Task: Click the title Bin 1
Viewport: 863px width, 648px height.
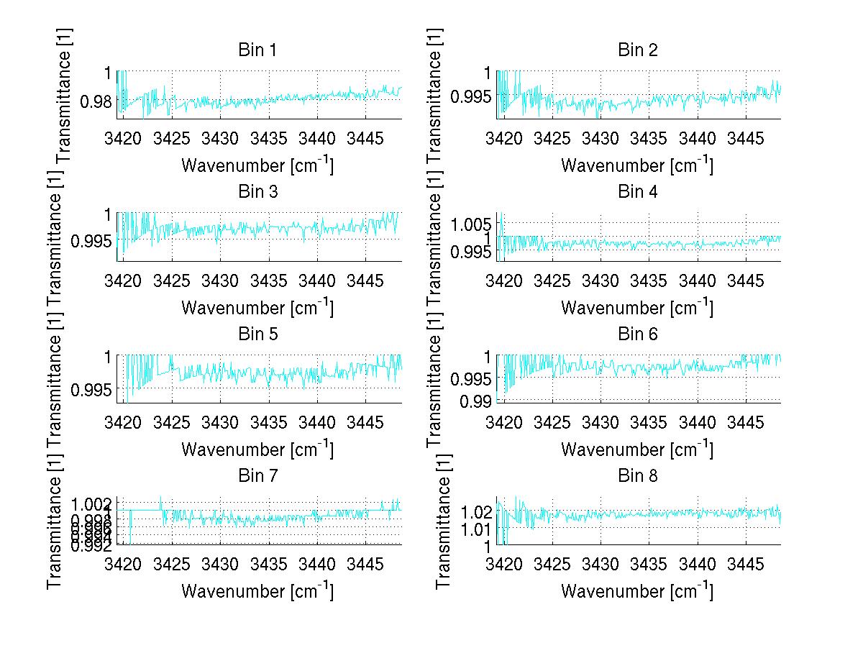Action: tap(257, 50)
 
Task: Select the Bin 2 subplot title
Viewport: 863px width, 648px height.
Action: tap(638, 50)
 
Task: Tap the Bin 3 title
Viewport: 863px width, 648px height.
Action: tap(257, 192)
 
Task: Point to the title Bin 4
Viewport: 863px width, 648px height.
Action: tap(638, 192)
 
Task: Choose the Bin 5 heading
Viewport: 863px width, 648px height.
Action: tap(257, 334)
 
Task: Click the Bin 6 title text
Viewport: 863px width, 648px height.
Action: tap(638, 334)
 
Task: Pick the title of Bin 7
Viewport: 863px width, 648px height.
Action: tap(257, 476)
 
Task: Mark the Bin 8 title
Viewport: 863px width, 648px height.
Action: tap(638, 476)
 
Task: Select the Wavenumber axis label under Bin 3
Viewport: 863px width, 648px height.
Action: tap(257, 306)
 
